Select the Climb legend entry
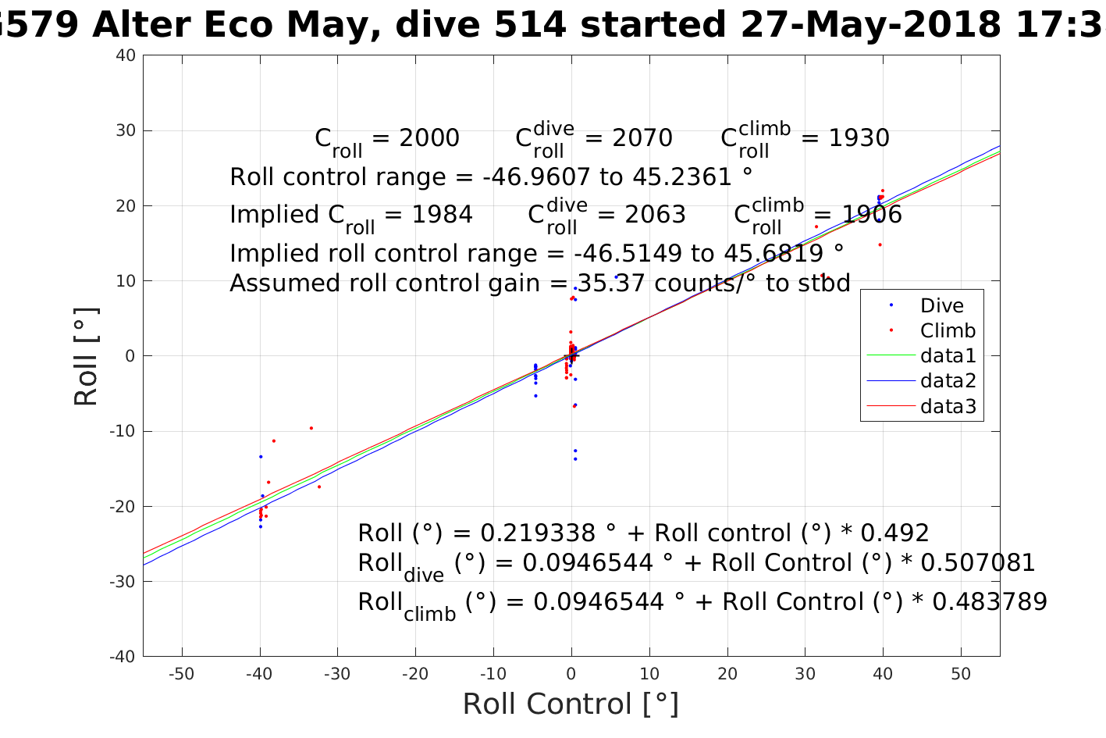[948, 330]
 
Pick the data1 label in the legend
[948, 356]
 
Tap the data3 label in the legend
[948, 406]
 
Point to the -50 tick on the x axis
[181, 674]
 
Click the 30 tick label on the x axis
[805, 674]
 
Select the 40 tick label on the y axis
[126, 55]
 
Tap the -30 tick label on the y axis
[123, 581]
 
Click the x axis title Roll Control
[571, 704]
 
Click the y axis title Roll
[86, 356]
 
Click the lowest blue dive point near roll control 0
[575, 458]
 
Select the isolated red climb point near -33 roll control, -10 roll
[311, 428]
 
